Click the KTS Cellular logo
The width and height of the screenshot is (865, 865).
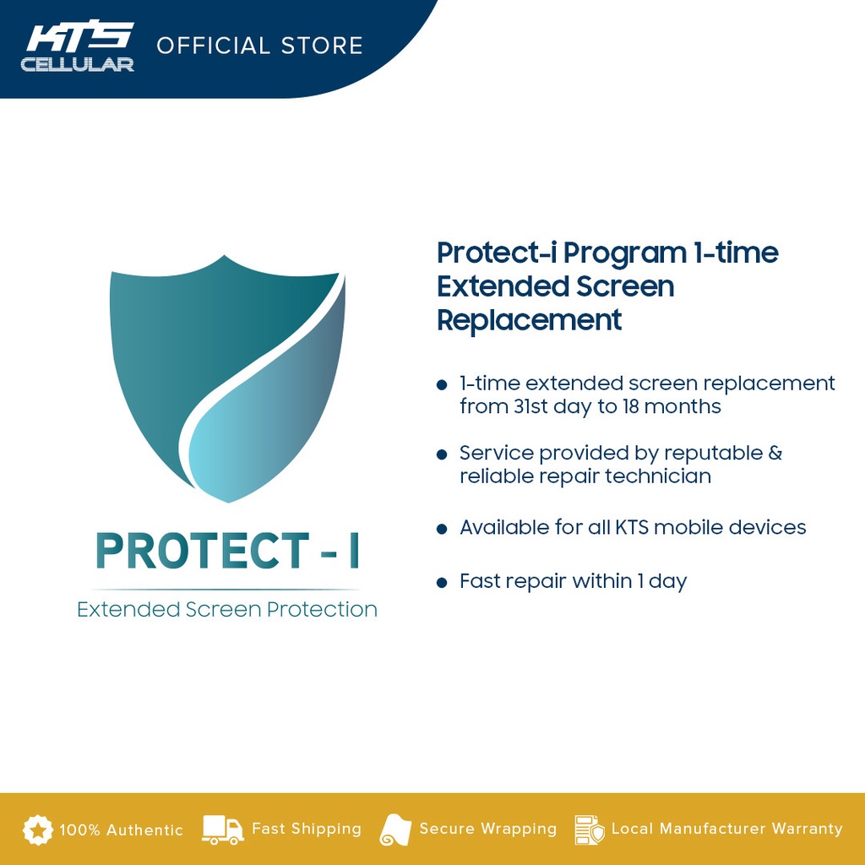(78, 46)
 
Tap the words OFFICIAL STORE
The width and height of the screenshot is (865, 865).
(259, 45)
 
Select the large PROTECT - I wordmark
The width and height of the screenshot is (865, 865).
(226, 550)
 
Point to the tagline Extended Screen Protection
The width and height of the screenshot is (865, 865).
(226, 609)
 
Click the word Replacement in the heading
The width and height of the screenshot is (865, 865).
(529, 320)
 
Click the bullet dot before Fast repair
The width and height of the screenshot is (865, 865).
(442, 583)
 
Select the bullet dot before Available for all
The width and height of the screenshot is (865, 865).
(442, 530)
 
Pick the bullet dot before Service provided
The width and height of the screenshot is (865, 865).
(442, 455)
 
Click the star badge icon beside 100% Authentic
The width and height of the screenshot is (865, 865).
(37, 830)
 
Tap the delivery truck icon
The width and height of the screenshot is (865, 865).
(223, 830)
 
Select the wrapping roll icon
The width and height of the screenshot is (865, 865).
(395, 830)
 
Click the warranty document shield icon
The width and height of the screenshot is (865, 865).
(589, 830)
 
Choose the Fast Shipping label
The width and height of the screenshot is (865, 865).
(306, 829)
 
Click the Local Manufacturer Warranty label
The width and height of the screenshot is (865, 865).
(726, 829)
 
